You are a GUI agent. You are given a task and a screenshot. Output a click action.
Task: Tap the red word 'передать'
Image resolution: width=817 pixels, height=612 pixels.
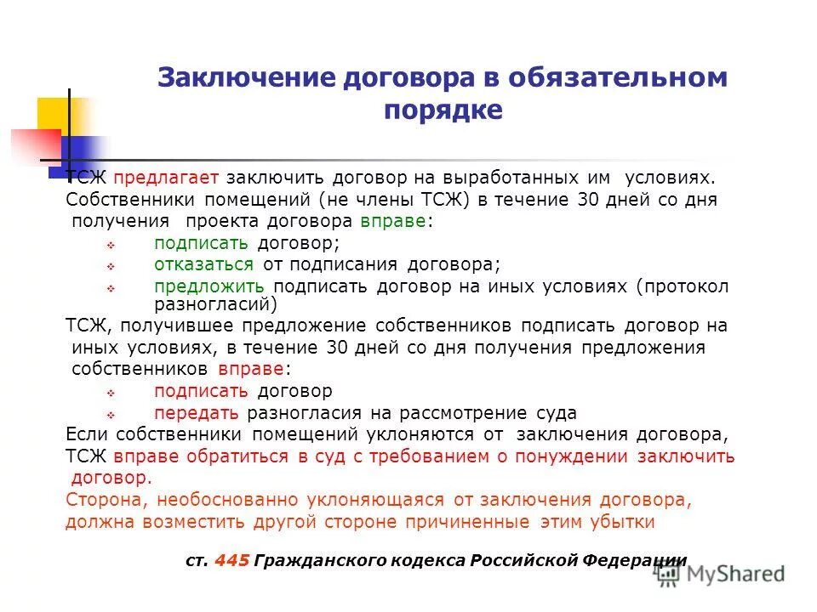197,413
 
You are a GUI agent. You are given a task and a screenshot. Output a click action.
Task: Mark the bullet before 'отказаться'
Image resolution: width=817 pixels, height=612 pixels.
111,265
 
